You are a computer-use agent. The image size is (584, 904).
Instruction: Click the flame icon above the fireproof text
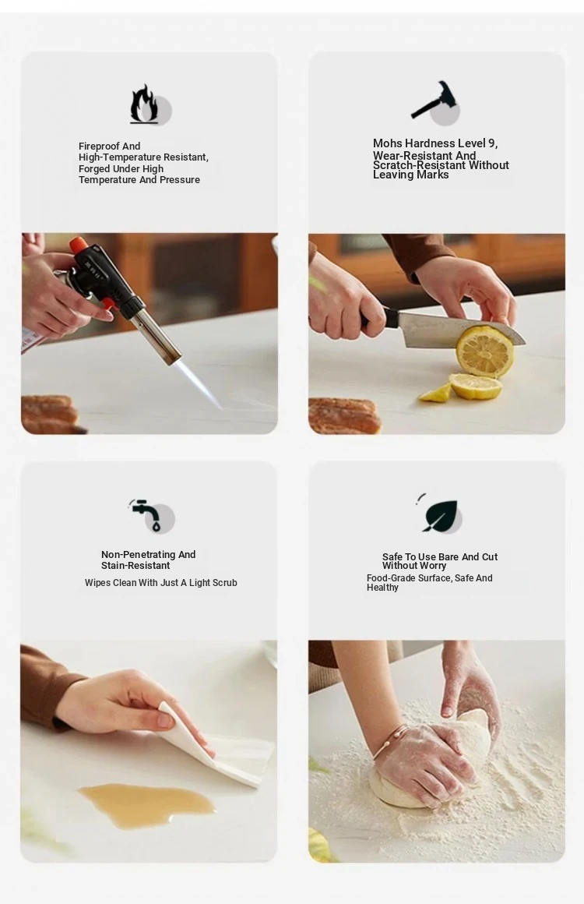point(145,104)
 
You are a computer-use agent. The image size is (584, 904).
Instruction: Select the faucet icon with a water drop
point(145,514)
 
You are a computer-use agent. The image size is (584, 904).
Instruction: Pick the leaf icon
point(439,515)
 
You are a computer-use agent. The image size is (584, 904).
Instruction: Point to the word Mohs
point(388,143)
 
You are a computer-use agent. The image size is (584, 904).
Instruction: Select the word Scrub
point(224,583)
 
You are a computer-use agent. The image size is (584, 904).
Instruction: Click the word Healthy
point(382,588)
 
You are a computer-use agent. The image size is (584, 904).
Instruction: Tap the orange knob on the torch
point(78,245)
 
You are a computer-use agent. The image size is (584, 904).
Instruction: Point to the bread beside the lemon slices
point(344,415)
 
